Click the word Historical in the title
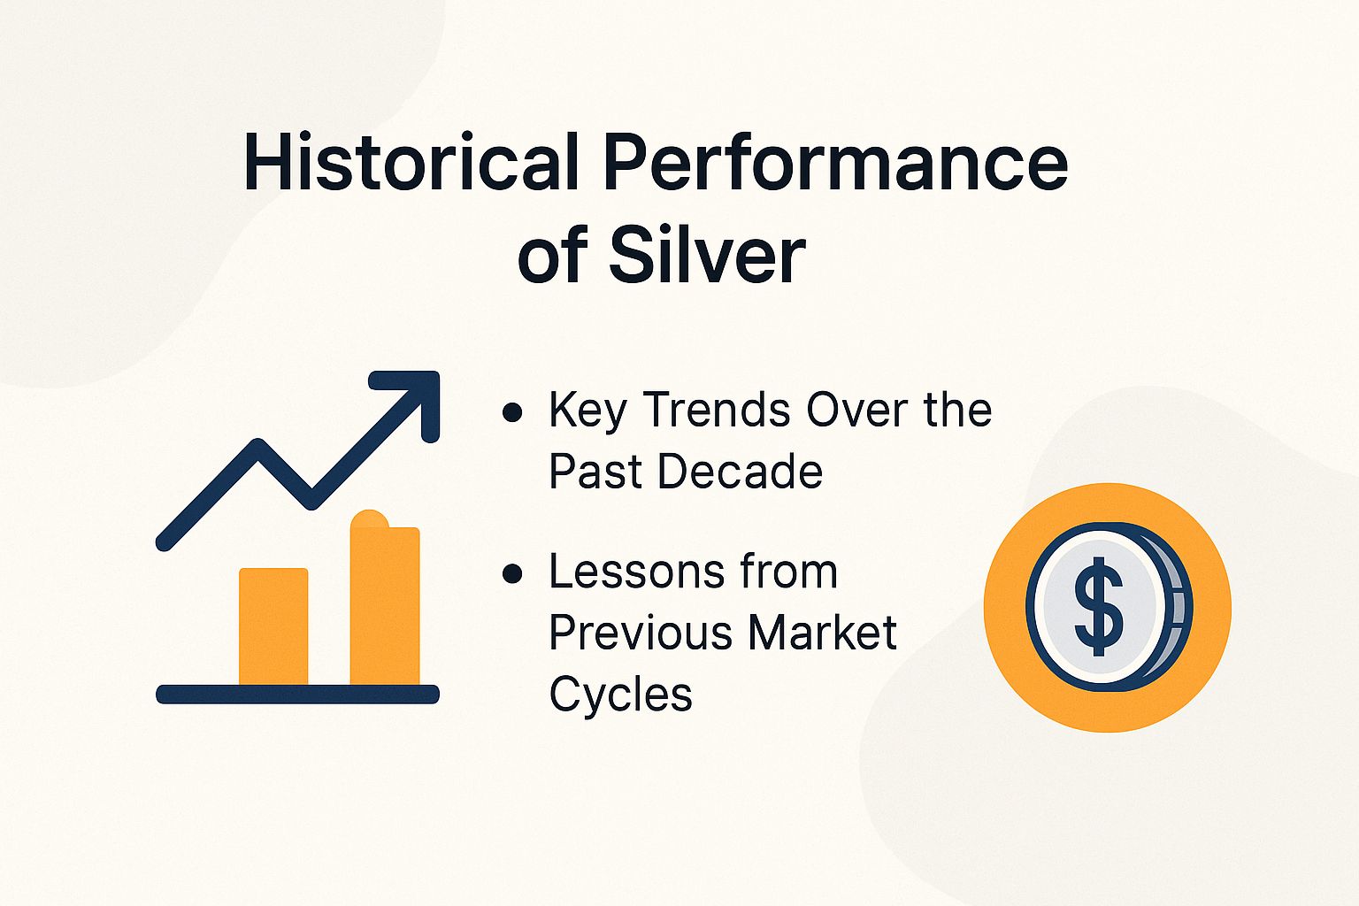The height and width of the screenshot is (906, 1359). click(411, 163)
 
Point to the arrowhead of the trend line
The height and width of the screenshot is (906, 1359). click(416, 395)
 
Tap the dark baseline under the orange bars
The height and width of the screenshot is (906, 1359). click(297, 695)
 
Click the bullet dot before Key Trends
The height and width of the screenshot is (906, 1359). click(511, 412)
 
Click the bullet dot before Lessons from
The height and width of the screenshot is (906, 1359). click(511, 574)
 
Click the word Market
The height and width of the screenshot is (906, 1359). click(822, 633)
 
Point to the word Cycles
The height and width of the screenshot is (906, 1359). click(620, 695)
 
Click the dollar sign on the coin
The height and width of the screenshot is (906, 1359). click(1098, 606)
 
